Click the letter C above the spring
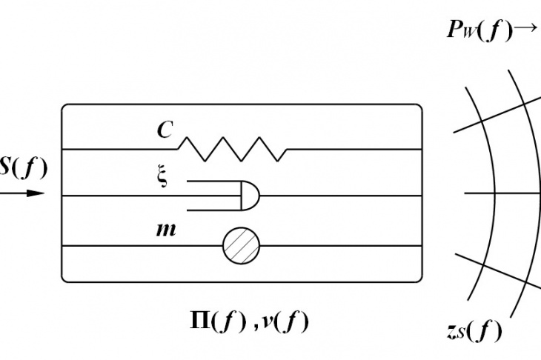(x=165, y=130)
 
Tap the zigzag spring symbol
(x=232, y=149)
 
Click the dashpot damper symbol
(x=224, y=196)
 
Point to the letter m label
(x=166, y=230)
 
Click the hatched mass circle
(x=241, y=245)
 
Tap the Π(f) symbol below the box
(x=219, y=321)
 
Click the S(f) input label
(x=23, y=167)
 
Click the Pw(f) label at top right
(x=479, y=30)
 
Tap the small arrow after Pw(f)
(x=526, y=27)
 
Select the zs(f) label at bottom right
(x=474, y=330)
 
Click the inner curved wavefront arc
(x=495, y=193)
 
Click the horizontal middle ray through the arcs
(x=502, y=193)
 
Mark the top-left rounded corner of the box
(x=64, y=106)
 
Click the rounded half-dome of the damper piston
(x=251, y=196)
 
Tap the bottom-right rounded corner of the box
(x=420, y=280)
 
